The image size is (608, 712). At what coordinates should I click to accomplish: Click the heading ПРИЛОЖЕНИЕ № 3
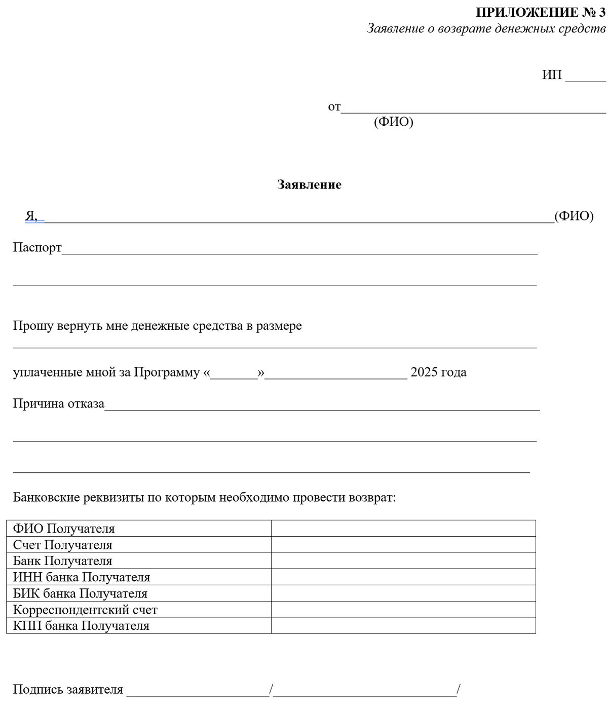point(541,12)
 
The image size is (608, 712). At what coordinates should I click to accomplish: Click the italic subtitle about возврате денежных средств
point(486,28)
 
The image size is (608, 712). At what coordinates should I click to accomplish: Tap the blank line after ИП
point(585,77)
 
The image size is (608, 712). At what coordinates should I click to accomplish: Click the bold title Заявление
point(309,184)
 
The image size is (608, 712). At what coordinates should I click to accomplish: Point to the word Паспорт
point(37,247)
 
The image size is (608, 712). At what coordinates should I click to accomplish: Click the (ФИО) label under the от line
point(393,122)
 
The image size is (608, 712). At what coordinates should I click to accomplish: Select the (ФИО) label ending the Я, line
point(574,216)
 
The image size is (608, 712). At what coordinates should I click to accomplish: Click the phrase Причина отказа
point(58,403)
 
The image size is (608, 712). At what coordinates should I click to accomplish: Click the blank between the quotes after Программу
point(234,374)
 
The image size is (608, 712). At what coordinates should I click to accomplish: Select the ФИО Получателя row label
point(64,529)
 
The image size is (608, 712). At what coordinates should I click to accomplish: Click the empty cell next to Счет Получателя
point(403,544)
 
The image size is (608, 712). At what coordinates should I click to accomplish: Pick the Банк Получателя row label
point(62,560)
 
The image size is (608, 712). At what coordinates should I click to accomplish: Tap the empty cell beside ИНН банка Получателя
point(403,577)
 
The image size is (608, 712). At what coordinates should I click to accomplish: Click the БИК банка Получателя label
point(80,593)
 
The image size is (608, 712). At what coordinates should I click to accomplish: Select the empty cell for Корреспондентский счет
point(403,609)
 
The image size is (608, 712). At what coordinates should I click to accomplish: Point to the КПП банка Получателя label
point(81,625)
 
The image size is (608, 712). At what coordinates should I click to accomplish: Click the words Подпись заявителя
point(68,689)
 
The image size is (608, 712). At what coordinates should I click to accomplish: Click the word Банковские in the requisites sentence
point(46,497)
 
